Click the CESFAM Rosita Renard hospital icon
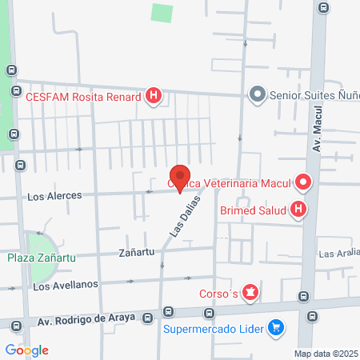click(154, 98)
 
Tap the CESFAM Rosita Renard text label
click(83, 98)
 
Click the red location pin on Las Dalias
click(180, 178)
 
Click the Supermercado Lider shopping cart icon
click(277, 326)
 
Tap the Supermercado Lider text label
click(215, 327)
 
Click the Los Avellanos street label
click(66, 285)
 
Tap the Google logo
click(26, 350)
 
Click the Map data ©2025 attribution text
click(326, 354)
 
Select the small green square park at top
click(162, 13)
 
